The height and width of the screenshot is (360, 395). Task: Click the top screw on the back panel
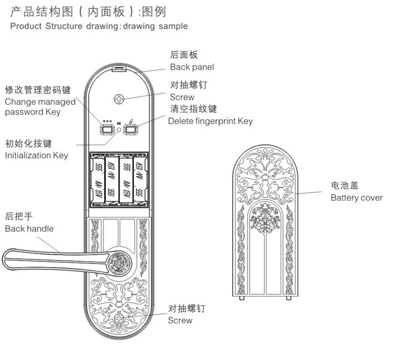click(x=120, y=99)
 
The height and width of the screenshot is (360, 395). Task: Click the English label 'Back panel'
click(x=192, y=67)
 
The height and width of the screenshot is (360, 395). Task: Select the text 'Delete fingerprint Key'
click(x=210, y=121)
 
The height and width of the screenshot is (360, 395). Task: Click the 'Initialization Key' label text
click(x=36, y=156)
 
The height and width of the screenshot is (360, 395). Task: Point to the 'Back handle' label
click(x=29, y=228)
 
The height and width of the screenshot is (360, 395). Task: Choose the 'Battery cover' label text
click(x=357, y=198)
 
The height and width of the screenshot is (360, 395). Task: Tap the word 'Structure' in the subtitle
click(x=68, y=26)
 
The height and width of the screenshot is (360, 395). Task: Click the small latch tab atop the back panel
click(x=120, y=69)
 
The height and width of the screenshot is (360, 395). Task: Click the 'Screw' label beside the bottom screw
click(x=180, y=320)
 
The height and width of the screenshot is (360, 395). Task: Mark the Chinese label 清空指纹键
click(x=193, y=109)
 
